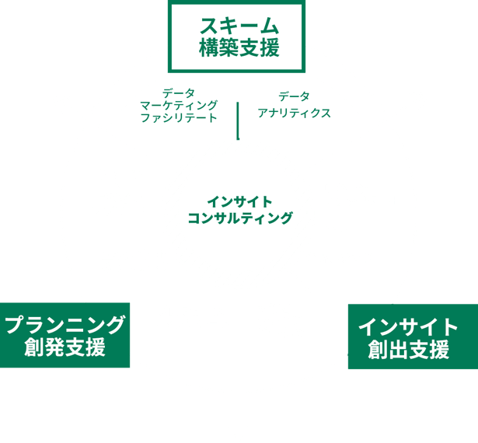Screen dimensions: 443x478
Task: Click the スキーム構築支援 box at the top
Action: [238, 37]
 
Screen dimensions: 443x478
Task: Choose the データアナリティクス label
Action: [295, 105]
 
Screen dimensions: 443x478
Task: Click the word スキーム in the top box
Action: [238, 23]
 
